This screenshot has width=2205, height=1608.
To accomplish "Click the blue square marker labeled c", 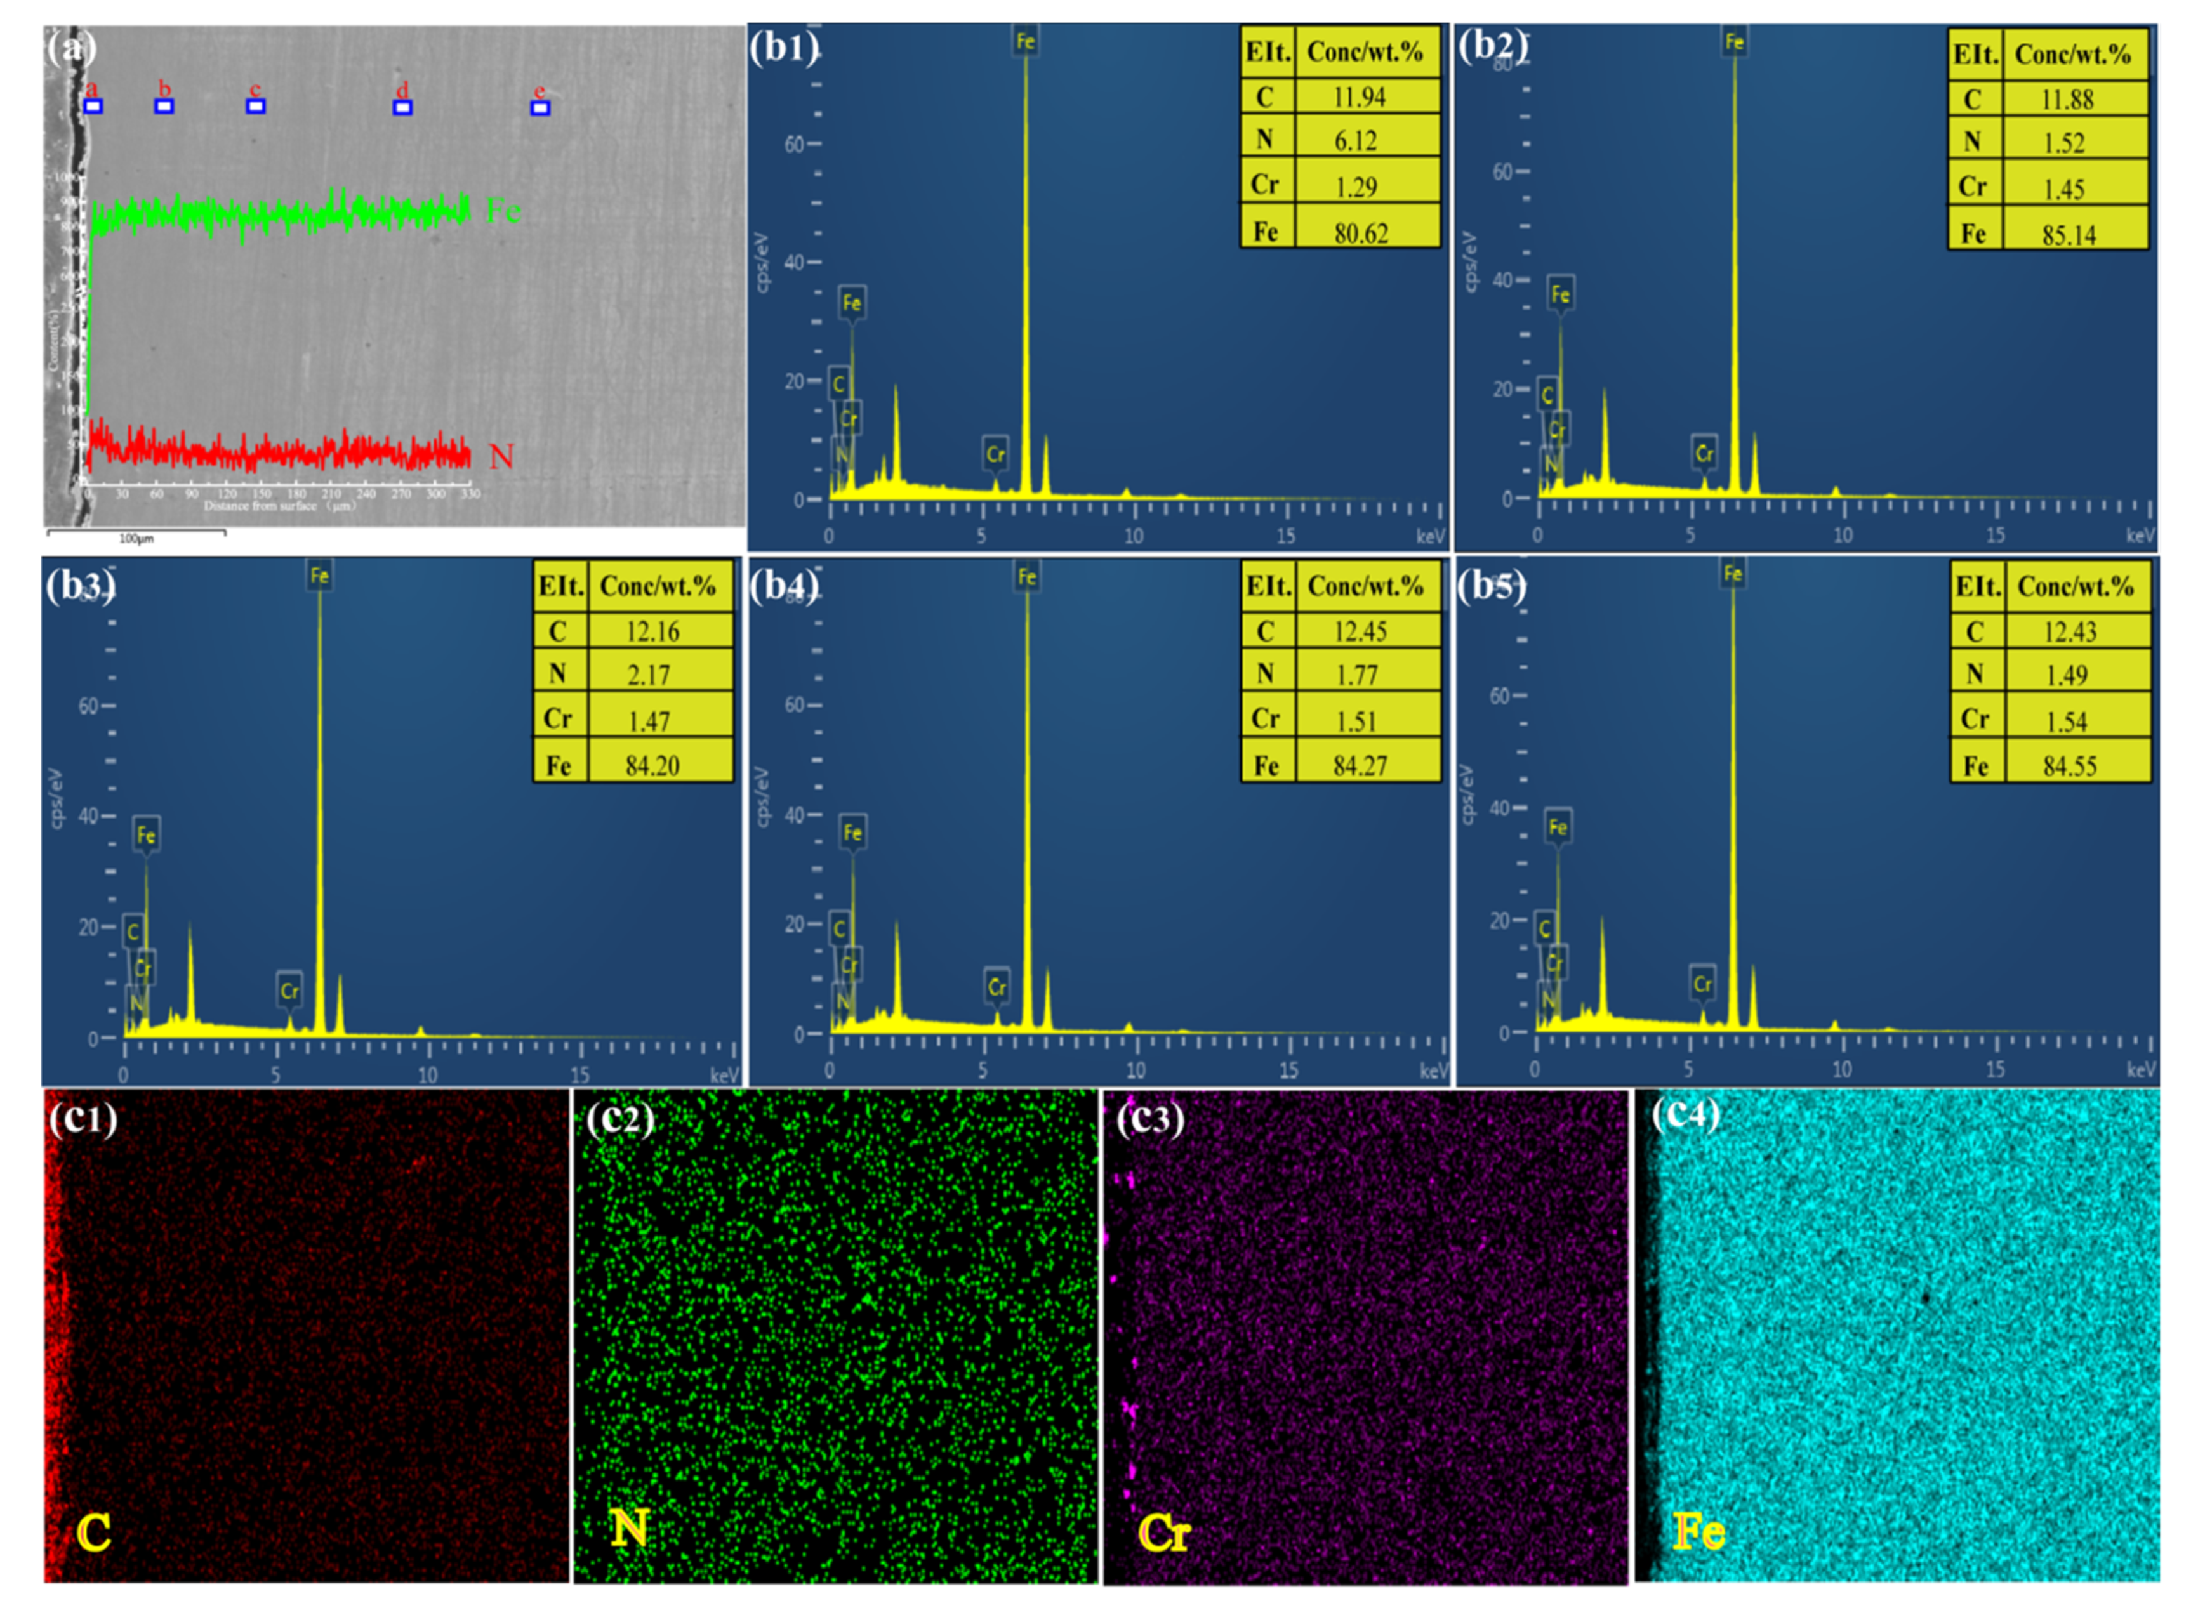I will [x=255, y=106].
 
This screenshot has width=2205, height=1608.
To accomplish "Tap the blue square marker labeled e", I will [x=540, y=108].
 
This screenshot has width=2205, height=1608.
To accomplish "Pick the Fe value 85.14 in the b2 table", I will [x=2068, y=235].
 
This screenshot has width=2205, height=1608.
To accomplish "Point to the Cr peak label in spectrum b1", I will [x=995, y=454].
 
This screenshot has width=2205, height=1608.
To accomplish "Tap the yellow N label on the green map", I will [x=629, y=1528].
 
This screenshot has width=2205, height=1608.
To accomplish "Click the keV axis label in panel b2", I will [x=2140, y=536].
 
